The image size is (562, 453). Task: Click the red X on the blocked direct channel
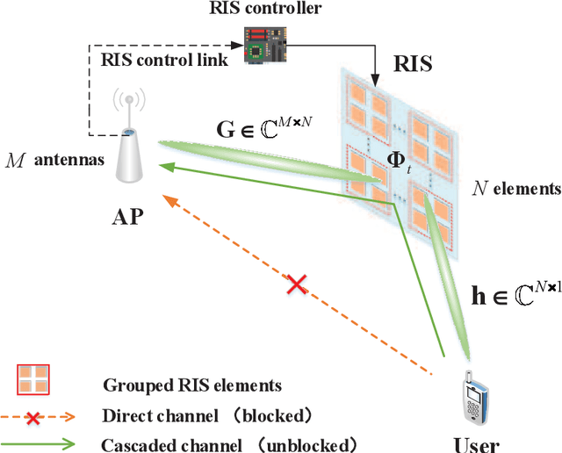coord(298,284)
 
